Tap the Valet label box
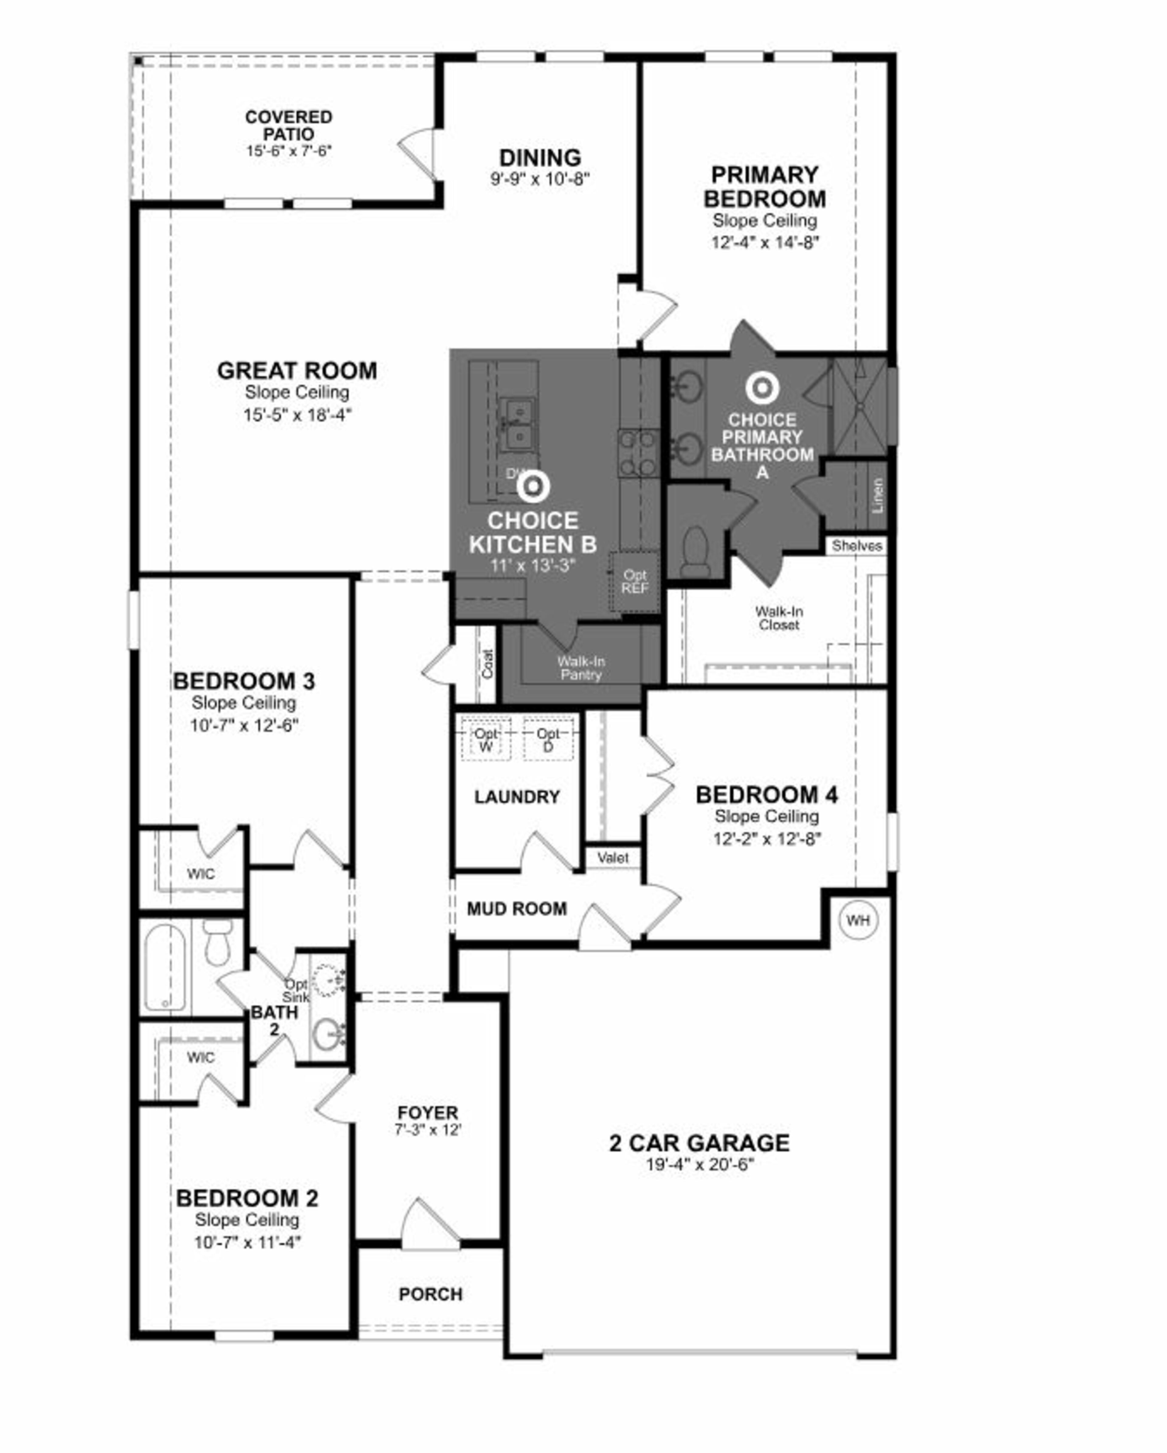pos(612,858)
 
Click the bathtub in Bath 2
pos(164,968)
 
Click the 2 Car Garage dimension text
pos(699,1165)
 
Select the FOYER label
pos(427,1113)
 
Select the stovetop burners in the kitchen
pos(639,453)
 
